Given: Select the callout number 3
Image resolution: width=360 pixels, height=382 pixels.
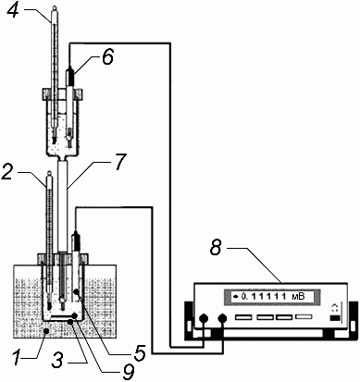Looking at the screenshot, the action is click(x=58, y=359).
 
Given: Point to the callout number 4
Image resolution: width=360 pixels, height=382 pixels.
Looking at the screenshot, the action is click(x=13, y=11).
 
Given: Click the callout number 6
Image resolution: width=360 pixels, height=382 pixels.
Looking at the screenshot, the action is click(x=107, y=57).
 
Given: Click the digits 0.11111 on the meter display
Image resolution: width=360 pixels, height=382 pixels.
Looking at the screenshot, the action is click(x=262, y=297).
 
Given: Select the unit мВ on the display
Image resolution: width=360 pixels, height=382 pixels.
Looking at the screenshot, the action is click(x=298, y=297).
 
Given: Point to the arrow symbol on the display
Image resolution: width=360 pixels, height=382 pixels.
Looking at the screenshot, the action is click(x=237, y=297).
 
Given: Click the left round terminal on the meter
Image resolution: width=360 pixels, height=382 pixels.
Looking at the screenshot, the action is click(x=204, y=318).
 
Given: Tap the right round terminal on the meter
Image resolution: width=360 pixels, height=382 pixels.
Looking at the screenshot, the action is click(x=222, y=318).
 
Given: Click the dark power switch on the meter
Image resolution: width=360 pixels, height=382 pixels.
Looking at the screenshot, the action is click(x=335, y=318).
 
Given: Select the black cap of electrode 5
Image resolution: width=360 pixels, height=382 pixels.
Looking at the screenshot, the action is click(x=77, y=240).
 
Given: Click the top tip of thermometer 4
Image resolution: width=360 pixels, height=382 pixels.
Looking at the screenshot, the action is click(x=55, y=6).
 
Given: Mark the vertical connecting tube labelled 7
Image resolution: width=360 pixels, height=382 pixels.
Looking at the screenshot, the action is click(x=63, y=205).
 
